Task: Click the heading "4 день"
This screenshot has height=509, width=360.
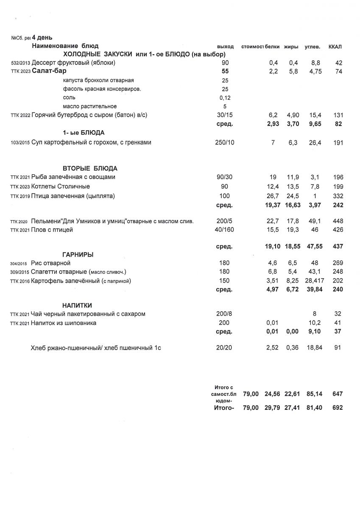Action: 42,38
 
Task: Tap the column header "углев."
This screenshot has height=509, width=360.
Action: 313,46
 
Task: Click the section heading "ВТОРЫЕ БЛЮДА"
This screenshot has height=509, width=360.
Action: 90,168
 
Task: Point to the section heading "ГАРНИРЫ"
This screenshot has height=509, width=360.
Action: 78,255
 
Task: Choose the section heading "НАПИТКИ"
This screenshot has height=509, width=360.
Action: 77,305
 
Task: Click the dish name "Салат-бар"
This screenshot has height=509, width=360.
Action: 49,71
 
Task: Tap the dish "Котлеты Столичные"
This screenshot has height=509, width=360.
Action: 61,187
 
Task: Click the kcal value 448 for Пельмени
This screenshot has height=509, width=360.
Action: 338,221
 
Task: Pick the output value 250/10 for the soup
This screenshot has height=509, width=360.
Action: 225,143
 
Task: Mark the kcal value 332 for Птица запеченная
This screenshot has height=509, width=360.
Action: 338,196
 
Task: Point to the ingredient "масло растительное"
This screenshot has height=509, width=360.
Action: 89,106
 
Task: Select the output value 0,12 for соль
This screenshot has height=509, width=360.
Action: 225,98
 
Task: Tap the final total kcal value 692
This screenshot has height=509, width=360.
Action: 338,408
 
